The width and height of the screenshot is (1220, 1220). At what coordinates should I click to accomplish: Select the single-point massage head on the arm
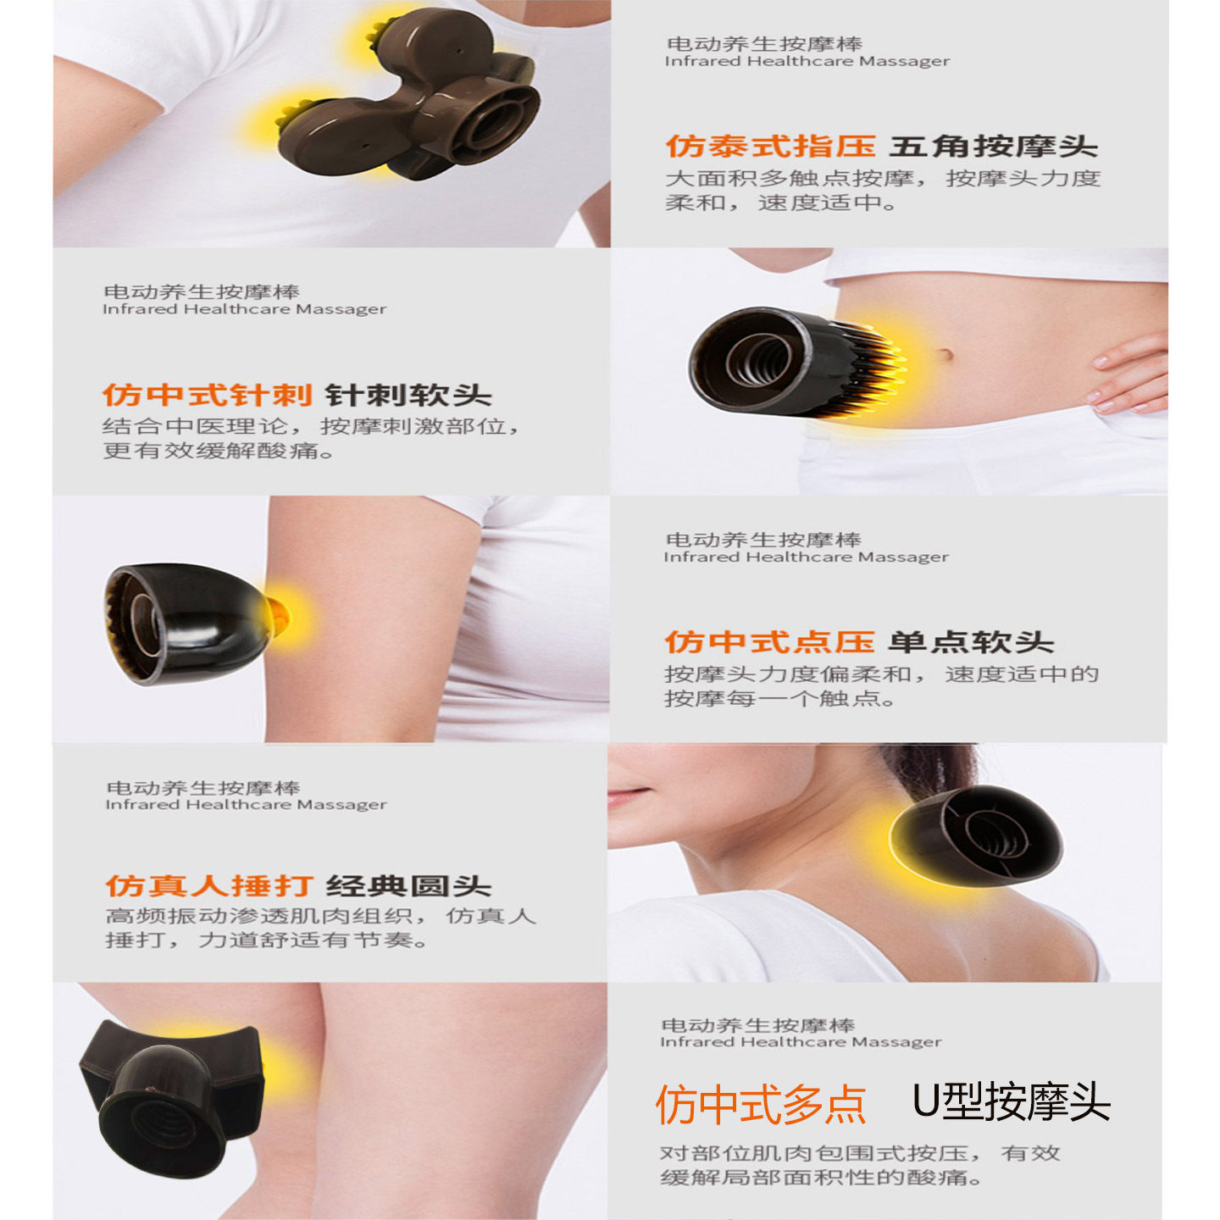tap(186, 623)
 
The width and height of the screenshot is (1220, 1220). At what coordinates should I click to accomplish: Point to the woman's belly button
tap(945, 353)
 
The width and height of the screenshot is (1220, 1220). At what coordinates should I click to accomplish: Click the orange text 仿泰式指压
tap(769, 147)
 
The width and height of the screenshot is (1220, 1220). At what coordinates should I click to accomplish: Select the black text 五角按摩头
tap(993, 147)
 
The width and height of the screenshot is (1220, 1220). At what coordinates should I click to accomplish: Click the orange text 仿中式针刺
tap(208, 395)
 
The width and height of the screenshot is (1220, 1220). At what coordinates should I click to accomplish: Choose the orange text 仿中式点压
tap(769, 642)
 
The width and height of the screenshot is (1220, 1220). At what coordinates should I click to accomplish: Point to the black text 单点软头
tap(971, 642)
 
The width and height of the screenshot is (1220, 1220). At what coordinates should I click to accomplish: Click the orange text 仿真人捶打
tap(209, 886)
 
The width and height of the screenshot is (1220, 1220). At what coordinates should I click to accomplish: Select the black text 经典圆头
tap(408, 886)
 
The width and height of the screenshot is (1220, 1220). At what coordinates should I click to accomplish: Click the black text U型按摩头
tap(1011, 1102)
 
